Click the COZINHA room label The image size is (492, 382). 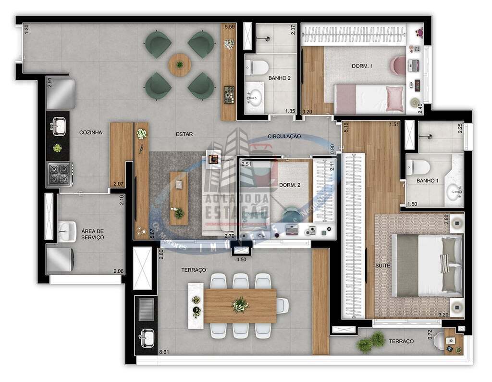[x=91, y=132]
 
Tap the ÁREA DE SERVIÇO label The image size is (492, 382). [x=93, y=234]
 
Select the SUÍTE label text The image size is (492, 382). [x=383, y=266]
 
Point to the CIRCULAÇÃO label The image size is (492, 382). [x=284, y=136]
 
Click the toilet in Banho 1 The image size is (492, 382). [x=417, y=167]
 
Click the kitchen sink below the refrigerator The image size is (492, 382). [x=59, y=127]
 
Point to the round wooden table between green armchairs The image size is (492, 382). [x=180, y=64]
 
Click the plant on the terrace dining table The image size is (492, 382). [x=240, y=304]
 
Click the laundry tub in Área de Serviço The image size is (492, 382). [x=67, y=231]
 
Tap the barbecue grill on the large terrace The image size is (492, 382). [x=146, y=309]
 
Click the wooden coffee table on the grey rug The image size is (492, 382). [x=179, y=198]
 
